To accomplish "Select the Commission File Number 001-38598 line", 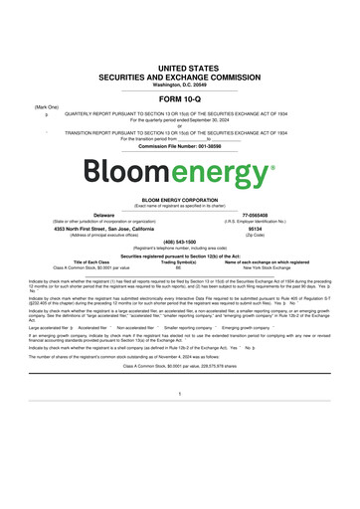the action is click(179, 145).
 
